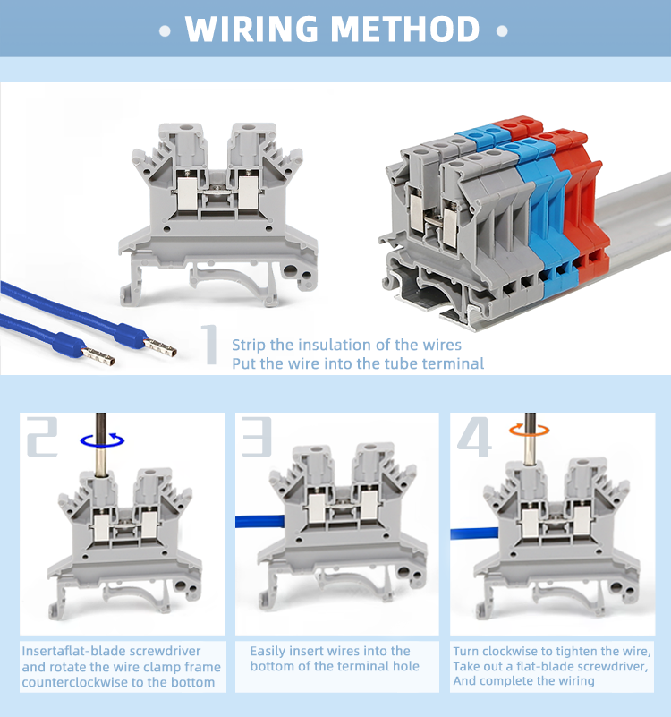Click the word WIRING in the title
pos(251,30)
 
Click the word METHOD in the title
pos(405,30)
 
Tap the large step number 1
pos(210,345)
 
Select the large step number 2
pos(42,437)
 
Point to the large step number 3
pos(257,437)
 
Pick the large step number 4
pos(474,437)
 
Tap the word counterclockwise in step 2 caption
pos(75,682)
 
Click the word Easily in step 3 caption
pos(268,652)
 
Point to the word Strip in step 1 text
pos(249,346)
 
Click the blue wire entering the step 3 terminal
pos(260,522)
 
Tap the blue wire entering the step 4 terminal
pos(474,533)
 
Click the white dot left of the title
pos(165,31)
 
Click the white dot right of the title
pos(502,31)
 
